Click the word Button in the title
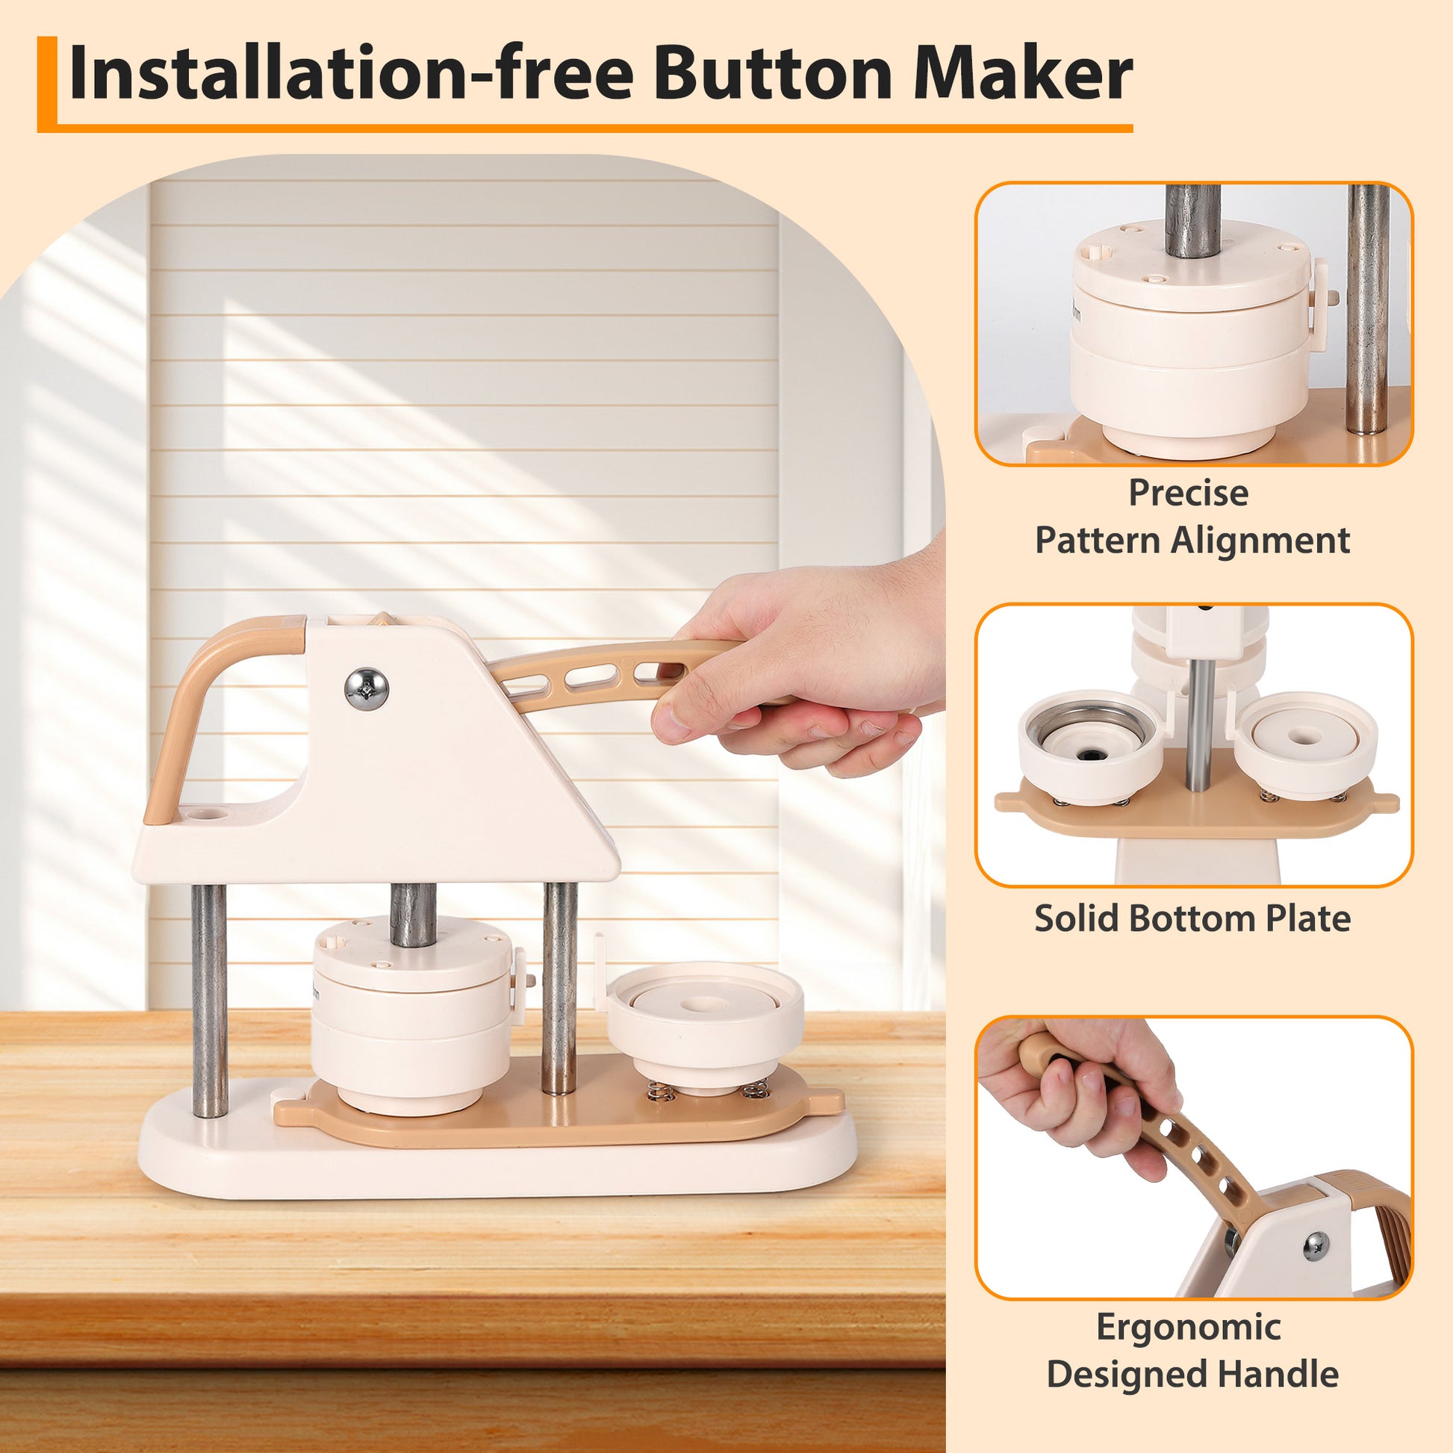[x=774, y=75]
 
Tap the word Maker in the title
[x=1022, y=75]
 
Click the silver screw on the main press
[x=367, y=688]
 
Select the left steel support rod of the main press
[x=210, y=1001]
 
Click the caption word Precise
[x=1188, y=494]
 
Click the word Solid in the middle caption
[x=1076, y=918]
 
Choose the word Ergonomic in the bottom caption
[x=1188, y=1327]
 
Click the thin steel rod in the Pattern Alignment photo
[x=1368, y=309]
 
